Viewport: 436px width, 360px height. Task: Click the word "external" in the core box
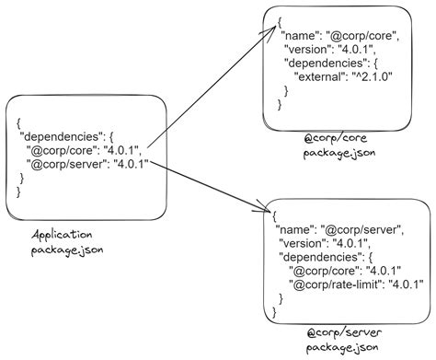[x=321, y=78]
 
